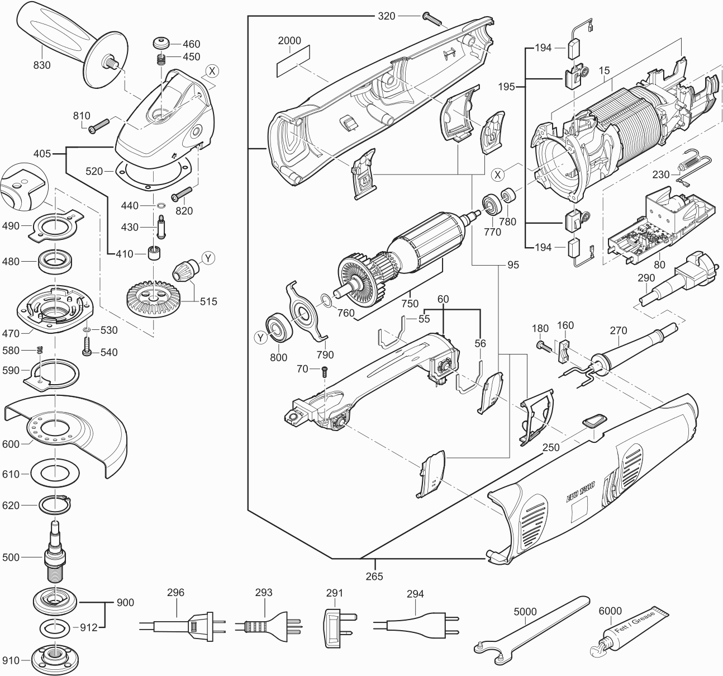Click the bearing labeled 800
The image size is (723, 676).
coord(277,326)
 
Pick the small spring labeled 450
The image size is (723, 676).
coord(160,58)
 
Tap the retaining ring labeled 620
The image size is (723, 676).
coord(55,505)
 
